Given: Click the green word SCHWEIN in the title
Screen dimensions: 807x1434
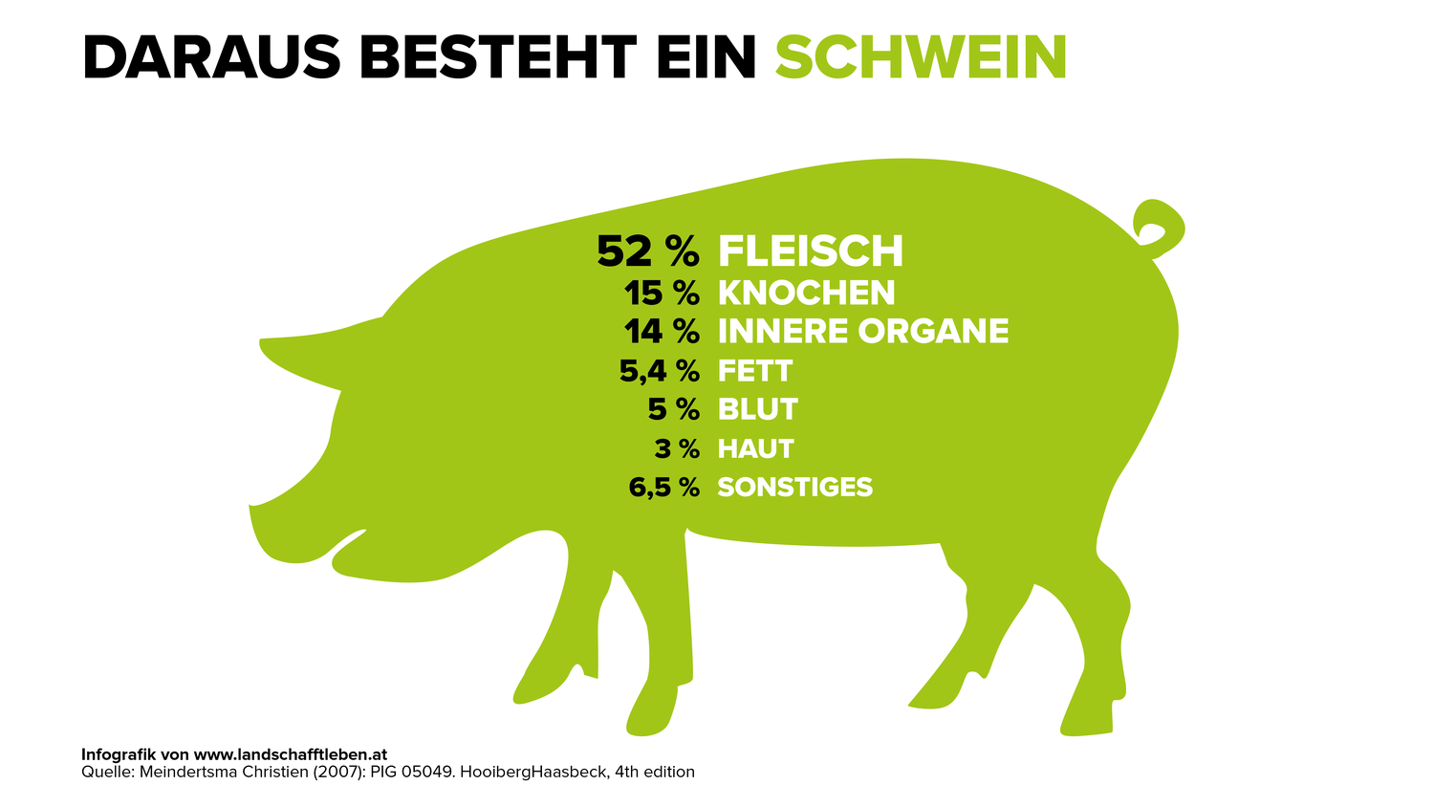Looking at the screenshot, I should [920, 57].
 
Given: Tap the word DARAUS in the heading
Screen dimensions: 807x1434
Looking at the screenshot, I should [211, 57].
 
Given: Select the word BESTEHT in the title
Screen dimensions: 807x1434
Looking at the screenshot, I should [496, 57].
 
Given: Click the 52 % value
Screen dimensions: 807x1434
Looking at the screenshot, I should [647, 251].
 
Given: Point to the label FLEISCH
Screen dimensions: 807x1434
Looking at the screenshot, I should [810, 251].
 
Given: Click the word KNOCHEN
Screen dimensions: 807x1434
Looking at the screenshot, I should [806, 293].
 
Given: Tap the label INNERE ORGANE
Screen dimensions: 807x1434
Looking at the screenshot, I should [862, 331].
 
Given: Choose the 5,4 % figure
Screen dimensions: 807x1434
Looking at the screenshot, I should [659, 371].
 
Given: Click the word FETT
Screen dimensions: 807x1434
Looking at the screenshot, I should [755, 371].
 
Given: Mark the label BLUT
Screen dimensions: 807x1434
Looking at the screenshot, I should [757, 409].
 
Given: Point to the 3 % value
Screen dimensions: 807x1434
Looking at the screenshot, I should [677, 448].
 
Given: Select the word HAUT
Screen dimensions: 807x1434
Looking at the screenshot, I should [755, 448].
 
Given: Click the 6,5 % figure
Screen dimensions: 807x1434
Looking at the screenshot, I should [663, 487].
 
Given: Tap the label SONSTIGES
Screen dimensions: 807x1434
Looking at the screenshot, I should [794, 487].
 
